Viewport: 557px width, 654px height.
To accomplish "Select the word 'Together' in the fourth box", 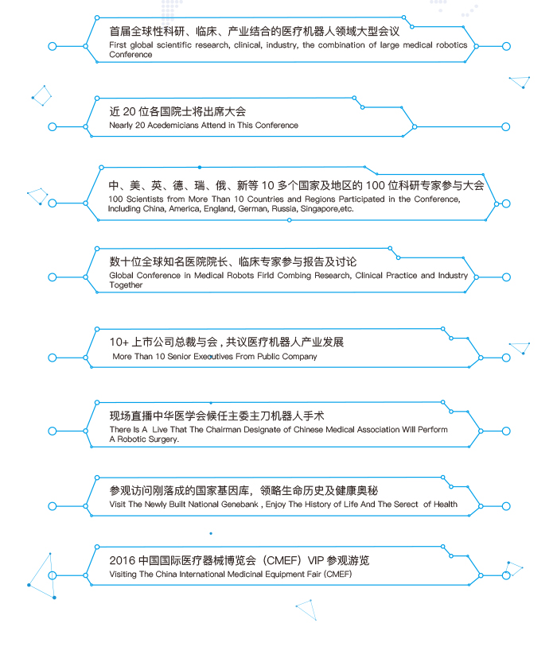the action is [126, 285].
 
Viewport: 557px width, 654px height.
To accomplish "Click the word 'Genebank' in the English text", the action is [240, 505].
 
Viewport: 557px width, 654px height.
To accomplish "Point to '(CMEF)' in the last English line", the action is [338, 575].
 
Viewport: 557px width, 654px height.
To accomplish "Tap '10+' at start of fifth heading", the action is [119, 342].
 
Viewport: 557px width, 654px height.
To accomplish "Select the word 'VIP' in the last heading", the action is [315, 560].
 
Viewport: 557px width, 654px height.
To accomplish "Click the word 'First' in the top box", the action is [117, 45].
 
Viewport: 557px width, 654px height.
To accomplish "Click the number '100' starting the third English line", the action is [115, 199].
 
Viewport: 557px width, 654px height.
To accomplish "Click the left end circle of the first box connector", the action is [53, 46].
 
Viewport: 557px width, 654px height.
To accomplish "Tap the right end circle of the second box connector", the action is [505, 127].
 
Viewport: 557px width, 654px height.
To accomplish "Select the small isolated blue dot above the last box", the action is [211, 533].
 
